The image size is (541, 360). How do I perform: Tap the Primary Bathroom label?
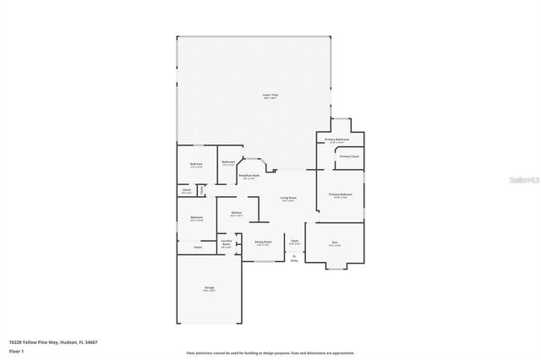[x=337, y=140]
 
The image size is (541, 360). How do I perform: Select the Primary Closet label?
[x=349, y=157]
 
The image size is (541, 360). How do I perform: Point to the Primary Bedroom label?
[x=340, y=194]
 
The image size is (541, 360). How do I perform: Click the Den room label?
[x=335, y=243]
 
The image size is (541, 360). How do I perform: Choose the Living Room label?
[x=289, y=199]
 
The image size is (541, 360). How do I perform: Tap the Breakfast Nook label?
[x=250, y=177]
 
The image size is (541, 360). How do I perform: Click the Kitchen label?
[x=237, y=213]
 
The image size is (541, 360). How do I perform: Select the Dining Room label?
[x=263, y=243]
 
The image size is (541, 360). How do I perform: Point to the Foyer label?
[x=294, y=243]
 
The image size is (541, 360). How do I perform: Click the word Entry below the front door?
[x=294, y=261]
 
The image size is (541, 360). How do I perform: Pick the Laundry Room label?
[x=227, y=243]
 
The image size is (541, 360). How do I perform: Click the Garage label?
[x=208, y=288]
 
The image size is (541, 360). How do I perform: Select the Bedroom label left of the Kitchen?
[x=196, y=219]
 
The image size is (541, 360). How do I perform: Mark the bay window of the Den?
[x=335, y=269]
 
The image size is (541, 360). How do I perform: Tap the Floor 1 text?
[x=14, y=351]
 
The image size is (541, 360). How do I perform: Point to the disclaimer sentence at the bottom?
[x=270, y=353]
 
